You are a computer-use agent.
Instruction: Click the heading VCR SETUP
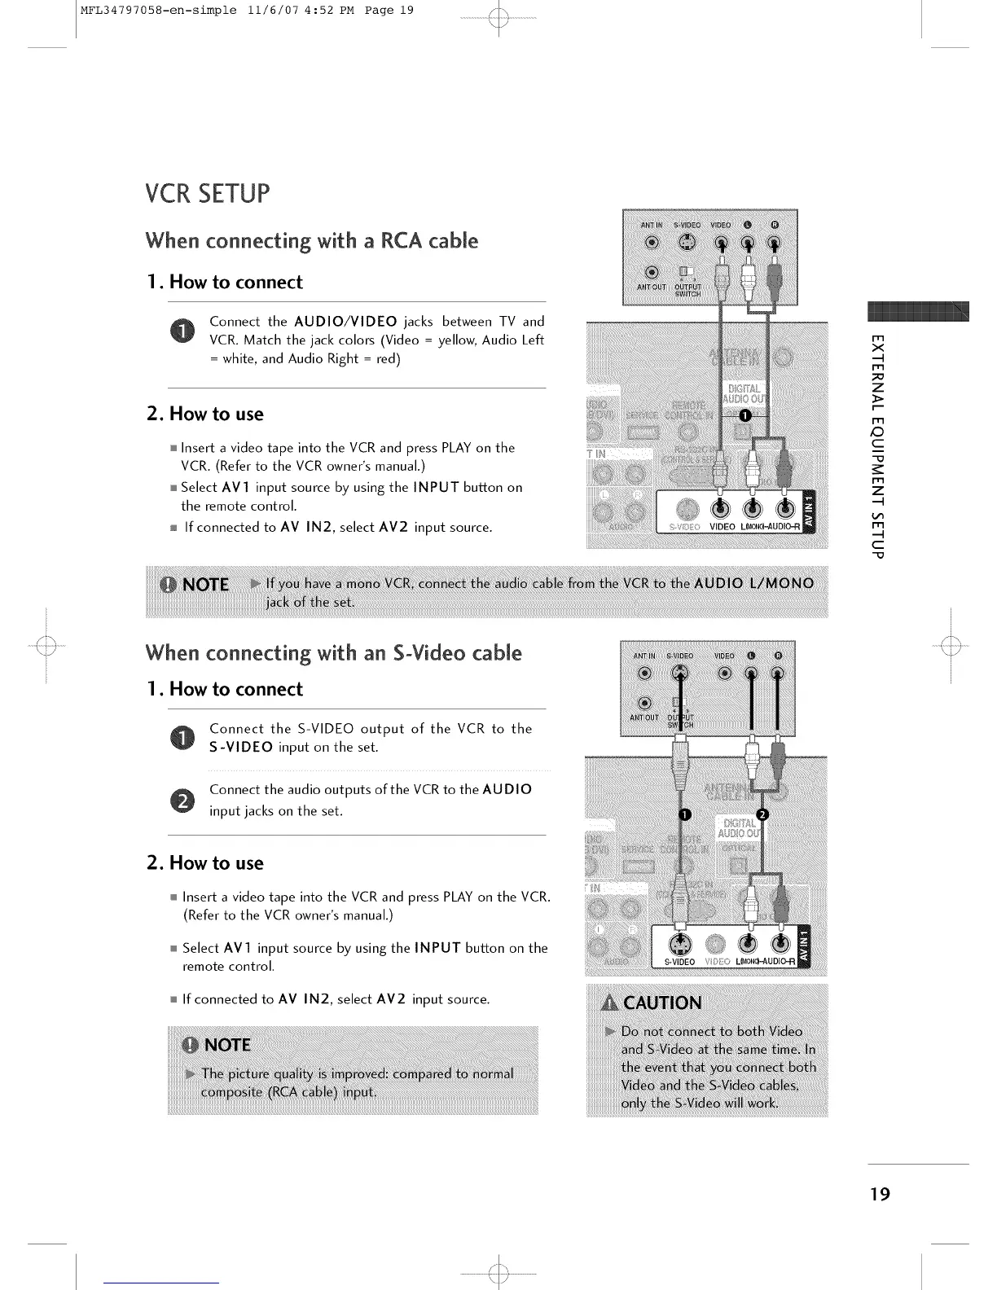207,195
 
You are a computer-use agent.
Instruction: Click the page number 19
879,1194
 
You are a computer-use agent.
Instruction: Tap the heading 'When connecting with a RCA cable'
311,241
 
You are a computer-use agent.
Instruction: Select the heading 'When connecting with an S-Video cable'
333,653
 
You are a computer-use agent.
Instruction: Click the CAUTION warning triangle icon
609,1003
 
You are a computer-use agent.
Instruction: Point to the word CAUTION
662,1003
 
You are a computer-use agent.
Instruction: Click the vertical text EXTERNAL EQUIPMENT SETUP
876,446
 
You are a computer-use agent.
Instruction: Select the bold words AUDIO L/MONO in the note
754,583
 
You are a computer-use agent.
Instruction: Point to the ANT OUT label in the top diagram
652,287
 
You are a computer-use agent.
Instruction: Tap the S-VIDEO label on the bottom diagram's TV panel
680,962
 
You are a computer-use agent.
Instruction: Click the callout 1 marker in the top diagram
743,415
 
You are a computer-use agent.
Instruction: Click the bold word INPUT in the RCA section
437,487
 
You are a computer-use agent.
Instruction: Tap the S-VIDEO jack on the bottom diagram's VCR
679,673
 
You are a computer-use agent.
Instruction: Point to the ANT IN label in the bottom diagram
645,656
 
